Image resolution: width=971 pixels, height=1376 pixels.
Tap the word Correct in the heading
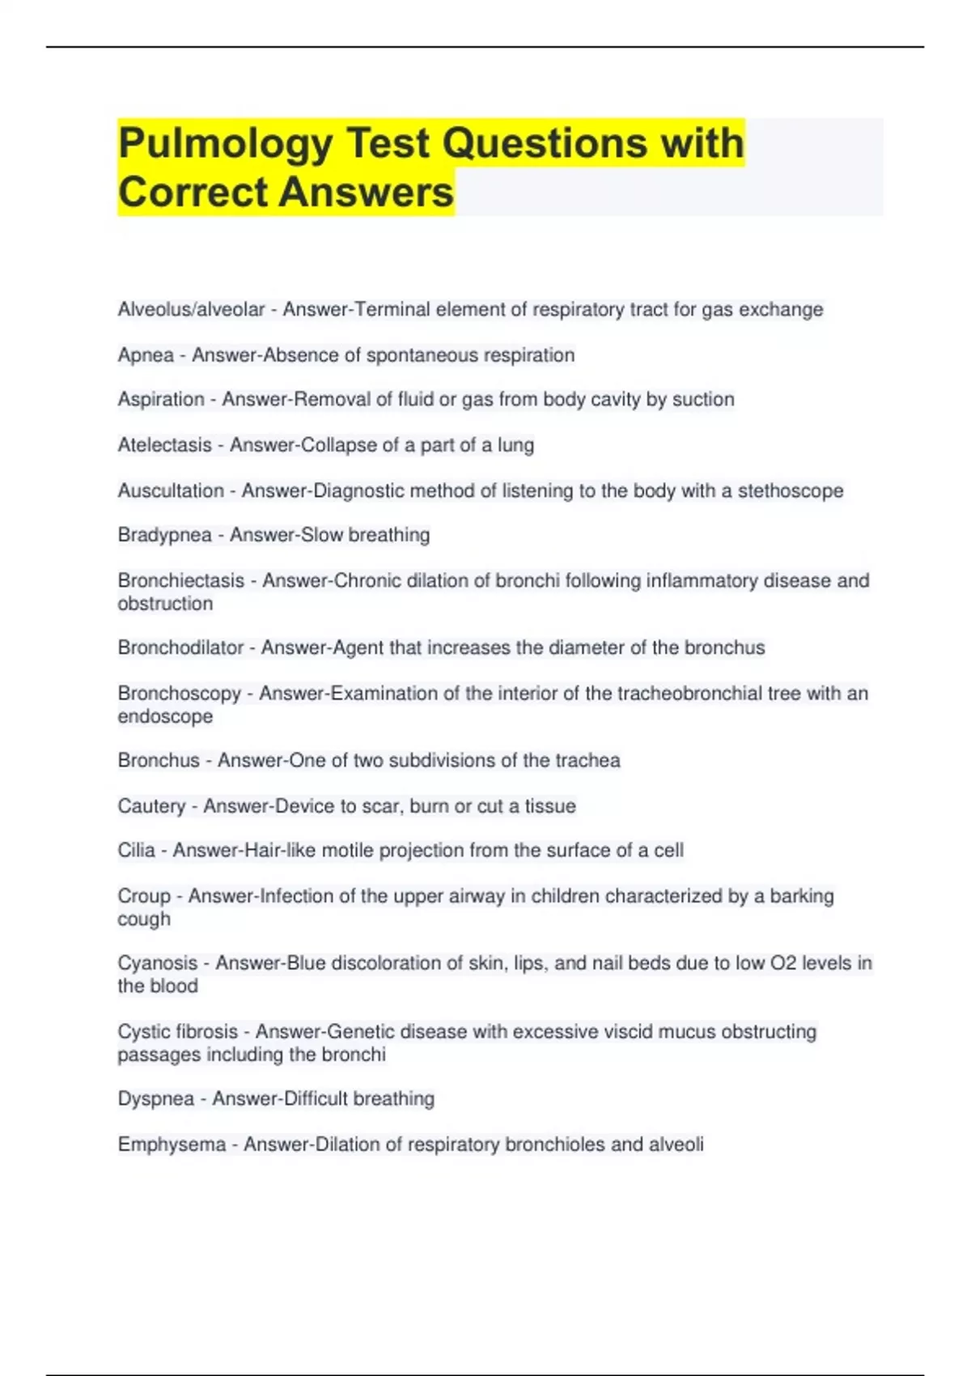click(192, 193)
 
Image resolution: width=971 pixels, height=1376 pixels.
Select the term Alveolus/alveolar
click(191, 309)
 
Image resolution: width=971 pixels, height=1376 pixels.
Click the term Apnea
click(146, 355)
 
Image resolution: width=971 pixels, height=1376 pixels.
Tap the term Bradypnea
click(164, 535)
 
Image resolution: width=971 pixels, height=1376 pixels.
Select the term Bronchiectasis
click(180, 580)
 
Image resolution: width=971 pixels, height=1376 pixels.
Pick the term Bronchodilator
click(180, 648)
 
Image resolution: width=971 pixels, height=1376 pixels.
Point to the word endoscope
click(165, 716)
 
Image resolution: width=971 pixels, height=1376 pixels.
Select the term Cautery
click(151, 806)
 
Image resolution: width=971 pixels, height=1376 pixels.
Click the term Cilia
click(136, 850)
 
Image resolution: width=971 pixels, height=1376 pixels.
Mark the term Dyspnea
click(155, 1098)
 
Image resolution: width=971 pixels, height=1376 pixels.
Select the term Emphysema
click(172, 1145)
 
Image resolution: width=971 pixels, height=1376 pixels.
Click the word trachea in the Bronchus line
click(587, 760)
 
